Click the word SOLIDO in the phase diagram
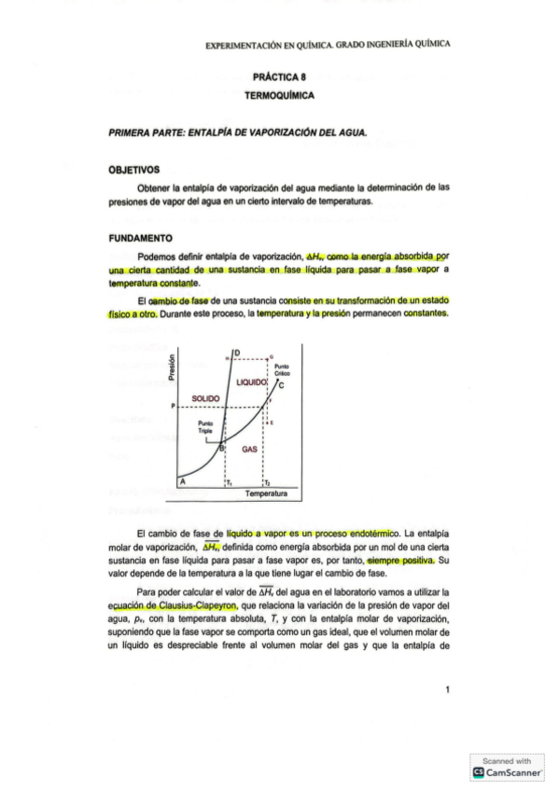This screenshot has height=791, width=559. point(205,398)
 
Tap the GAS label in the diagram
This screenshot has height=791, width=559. point(249,449)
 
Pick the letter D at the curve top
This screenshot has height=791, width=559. point(237,352)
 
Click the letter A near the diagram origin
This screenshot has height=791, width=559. point(183,481)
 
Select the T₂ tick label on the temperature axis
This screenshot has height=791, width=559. point(267,483)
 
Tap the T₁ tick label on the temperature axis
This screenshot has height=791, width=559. point(229,483)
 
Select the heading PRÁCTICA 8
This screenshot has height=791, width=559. point(279,79)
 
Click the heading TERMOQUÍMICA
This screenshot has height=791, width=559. point(279,96)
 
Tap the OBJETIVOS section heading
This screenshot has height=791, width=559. point(134,170)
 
